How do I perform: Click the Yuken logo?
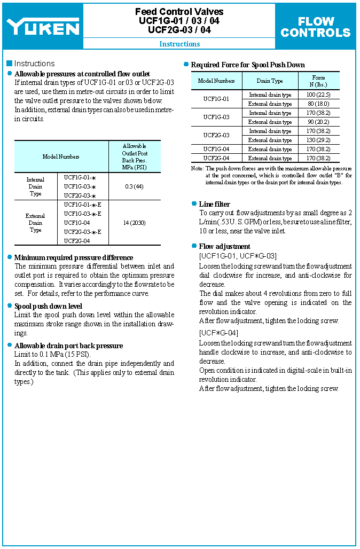click(43, 27)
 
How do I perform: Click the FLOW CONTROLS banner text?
click(316, 27)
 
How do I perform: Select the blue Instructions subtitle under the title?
click(179, 44)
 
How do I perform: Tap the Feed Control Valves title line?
click(179, 12)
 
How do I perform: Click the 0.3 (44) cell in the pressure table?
click(134, 186)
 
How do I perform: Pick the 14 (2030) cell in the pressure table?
click(134, 222)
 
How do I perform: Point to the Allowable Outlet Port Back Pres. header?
click(135, 156)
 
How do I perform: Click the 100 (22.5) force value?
click(318, 95)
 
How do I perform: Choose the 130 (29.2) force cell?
click(318, 140)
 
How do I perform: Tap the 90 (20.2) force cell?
click(318, 122)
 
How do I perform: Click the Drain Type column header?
click(270, 81)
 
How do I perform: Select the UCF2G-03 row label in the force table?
click(216, 135)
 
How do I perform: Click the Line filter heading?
click(215, 204)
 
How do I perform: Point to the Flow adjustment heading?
click(224, 246)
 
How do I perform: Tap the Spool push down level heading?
click(48, 306)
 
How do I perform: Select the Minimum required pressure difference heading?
click(74, 257)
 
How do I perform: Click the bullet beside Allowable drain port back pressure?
click(10, 346)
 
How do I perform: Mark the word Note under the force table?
click(197, 168)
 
